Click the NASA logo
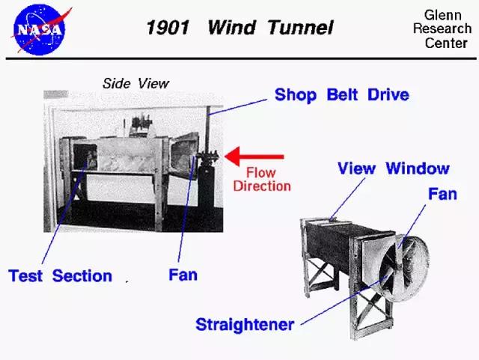click(40, 30)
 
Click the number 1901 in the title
click(168, 28)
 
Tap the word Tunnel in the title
click(301, 28)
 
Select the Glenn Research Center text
click(442, 29)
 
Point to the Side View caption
click(135, 83)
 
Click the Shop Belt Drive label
click(342, 95)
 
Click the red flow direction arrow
click(254, 156)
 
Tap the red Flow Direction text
click(262, 180)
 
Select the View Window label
click(394, 168)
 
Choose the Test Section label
click(60, 276)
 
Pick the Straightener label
click(245, 325)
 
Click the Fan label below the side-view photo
click(183, 275)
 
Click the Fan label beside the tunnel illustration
click(442, 194)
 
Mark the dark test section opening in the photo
click(85, 157)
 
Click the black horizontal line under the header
click(241, 58)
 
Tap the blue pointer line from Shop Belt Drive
click(237, 107)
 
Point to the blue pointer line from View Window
click(347, 199)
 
